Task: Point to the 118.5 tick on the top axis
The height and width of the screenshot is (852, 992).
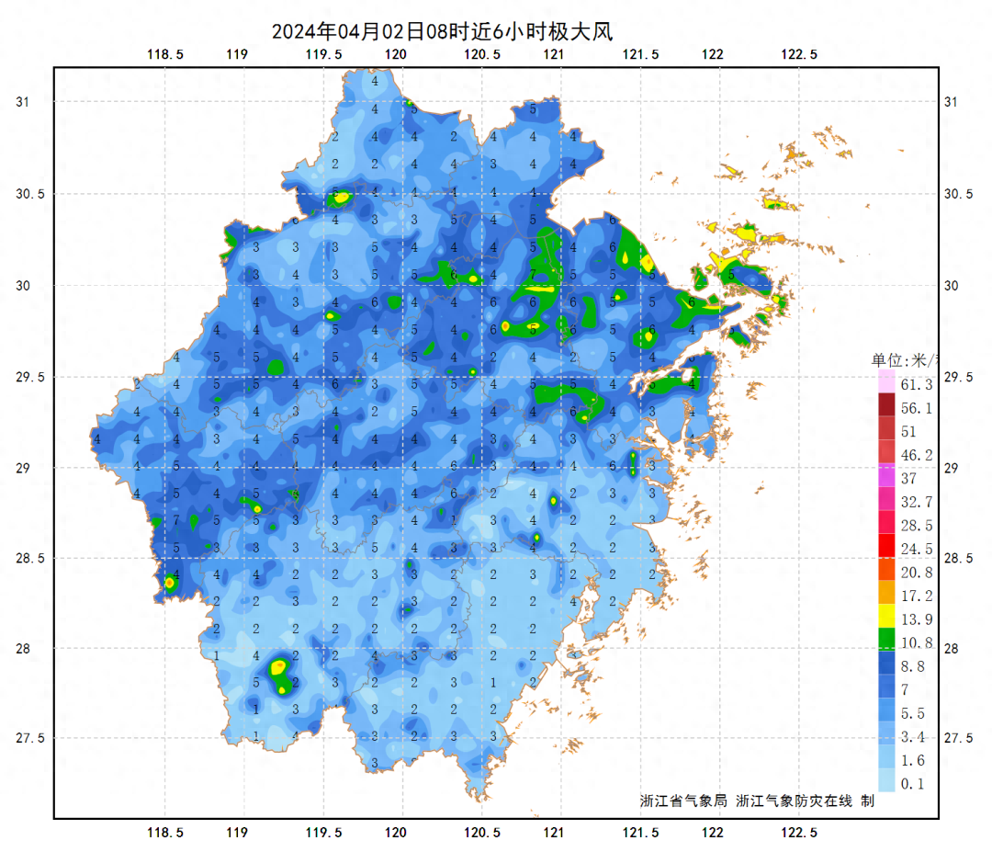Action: click(x=165, y=54)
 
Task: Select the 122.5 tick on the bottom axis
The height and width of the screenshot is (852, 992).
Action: click(x=799, y=833)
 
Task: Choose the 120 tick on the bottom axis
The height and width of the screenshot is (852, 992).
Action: click(x=396, y=833)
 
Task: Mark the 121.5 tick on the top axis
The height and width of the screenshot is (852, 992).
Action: click(x=641, y=54)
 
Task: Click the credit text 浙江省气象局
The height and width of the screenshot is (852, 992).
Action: click(x=683, y=801)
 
